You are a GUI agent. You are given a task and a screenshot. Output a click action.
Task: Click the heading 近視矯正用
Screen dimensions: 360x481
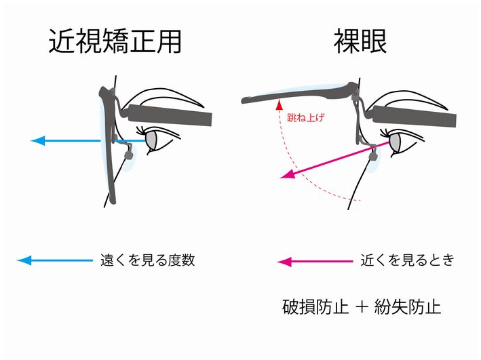(x=115, y=42)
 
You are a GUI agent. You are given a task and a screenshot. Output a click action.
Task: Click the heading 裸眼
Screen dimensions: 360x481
(x=360, y=42)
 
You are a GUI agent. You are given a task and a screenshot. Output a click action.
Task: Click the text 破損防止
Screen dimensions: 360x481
(x=315, y=307)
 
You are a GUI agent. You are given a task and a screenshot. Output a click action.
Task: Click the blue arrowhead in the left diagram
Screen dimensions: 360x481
(x=38, y=140)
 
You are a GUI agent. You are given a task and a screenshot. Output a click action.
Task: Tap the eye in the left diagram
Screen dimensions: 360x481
(x=151, y=139)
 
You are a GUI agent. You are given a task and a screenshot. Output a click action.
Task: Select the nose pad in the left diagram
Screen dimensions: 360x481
(x=128, y=156)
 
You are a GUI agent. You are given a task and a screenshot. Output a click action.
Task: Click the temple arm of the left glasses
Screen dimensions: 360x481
(x=170, y=116)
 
